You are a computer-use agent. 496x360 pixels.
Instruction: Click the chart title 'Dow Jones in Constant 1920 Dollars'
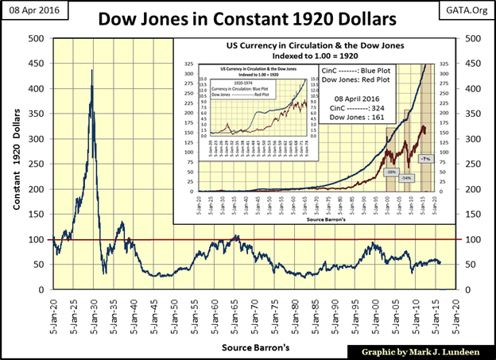[247, 17]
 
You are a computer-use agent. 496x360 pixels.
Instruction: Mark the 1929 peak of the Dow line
[91, 71]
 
